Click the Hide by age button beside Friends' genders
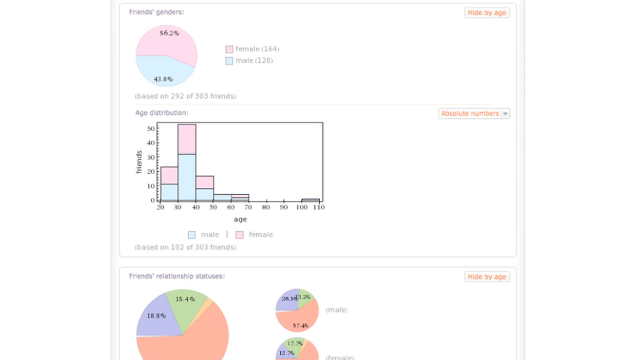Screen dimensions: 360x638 [x=486, y=13]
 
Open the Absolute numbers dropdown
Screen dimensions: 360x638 [x=474, y=114]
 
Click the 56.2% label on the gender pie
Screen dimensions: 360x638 [x=169, y=33]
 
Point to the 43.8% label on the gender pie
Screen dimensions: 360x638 [x=163, y=79]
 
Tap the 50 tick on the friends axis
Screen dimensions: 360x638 [x=151, y=129]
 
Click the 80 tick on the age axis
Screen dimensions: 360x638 [x=266, y=207]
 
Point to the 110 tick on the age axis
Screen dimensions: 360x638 [x=318, y=207]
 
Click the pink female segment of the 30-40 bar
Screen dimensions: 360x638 [x=187, y=139]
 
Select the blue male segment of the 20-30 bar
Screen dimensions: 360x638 [x=169, y=192]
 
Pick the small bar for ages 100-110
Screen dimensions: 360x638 [x=311, y=200]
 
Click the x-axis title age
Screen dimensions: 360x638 [x=240, y=219]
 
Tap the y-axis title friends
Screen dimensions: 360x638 [x=139, y=162]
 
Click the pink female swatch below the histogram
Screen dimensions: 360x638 [x=240, y=235]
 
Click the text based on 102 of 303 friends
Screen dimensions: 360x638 [x=185, y=247]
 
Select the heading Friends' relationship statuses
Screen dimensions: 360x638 [x=177, y=276]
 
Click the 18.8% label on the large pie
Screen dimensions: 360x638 [x=156, y=316]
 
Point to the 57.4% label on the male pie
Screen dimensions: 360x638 [x=300, y=325]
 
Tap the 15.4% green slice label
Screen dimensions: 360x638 [x=185, y=299]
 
